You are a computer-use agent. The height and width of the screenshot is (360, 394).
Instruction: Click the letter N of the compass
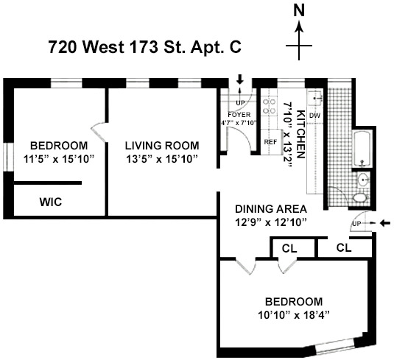pos(299,11)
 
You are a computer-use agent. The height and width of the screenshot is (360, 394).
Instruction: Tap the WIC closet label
pos(51,202)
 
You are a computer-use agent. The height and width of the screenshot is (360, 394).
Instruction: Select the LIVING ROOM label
pos(162,146)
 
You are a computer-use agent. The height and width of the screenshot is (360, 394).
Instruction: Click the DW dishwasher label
pos(314,116)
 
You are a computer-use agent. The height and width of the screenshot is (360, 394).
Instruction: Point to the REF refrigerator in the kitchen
pos(270,142)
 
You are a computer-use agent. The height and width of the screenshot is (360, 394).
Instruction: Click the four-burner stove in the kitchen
pos(269,106)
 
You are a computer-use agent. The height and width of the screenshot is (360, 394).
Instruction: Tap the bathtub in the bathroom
pos(362,149)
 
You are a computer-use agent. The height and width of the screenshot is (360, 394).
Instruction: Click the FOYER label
pos(239,115)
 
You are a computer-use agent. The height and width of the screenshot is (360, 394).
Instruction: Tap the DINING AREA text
pos(271,209)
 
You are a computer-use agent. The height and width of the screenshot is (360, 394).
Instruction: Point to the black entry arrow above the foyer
pos(240,80)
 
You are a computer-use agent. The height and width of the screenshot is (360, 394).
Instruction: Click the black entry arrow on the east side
pos(385,223)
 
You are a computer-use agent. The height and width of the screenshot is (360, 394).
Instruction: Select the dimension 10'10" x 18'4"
pos(294,314)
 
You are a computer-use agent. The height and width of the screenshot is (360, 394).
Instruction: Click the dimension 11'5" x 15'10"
pos(59,159)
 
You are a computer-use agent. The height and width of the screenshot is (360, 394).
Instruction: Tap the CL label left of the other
pos(289,249)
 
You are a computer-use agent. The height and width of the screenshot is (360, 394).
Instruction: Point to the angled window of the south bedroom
pos(335,347)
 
